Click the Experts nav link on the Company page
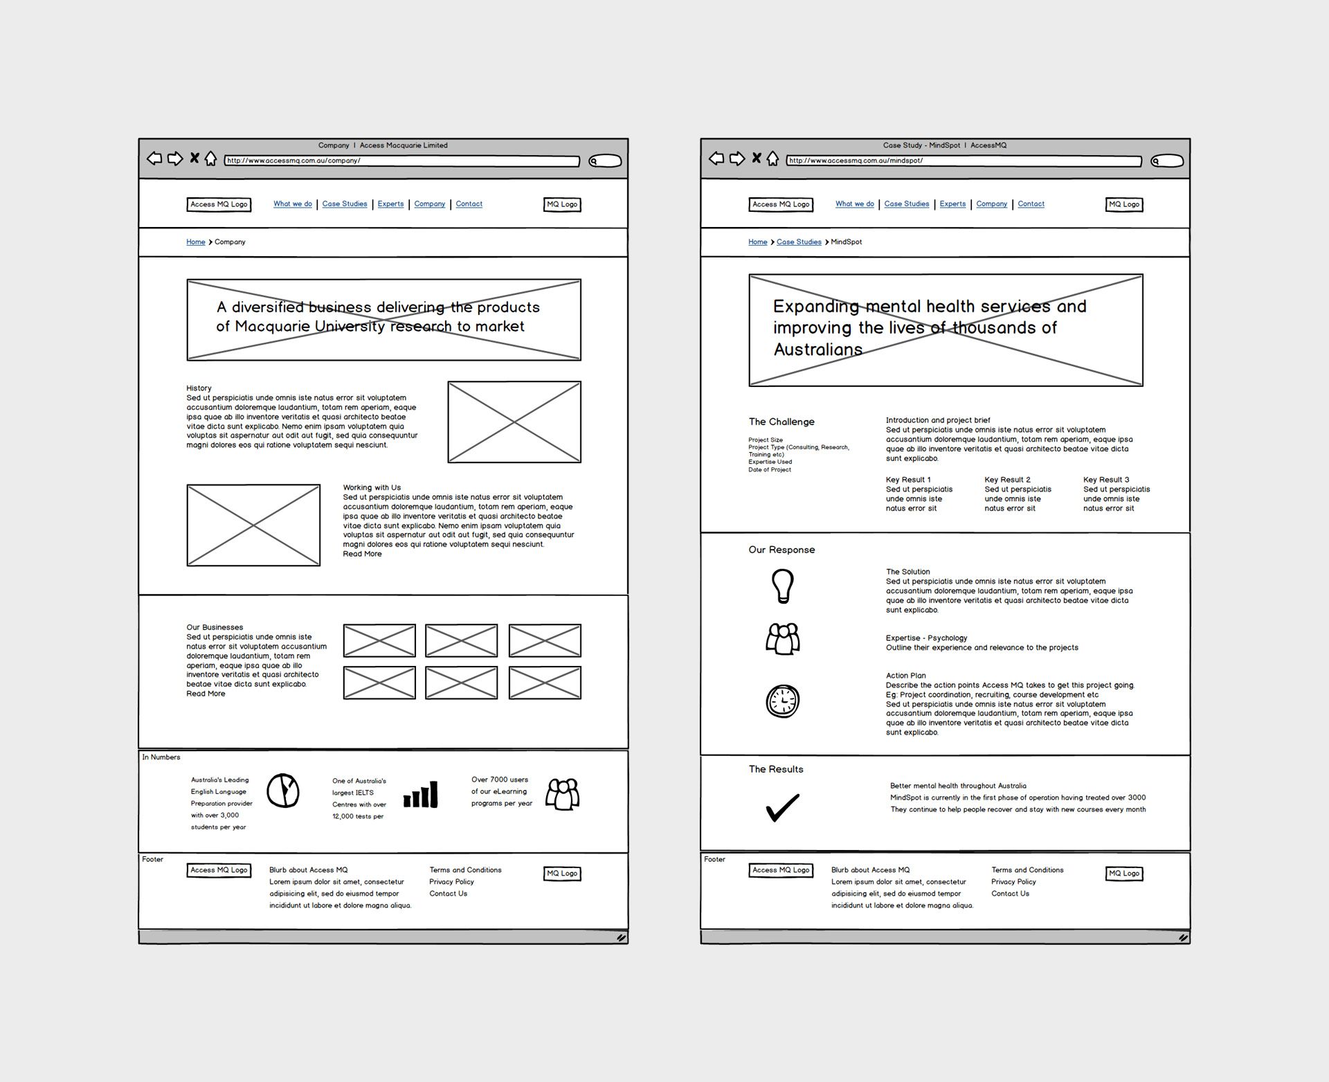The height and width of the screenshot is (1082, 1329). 390,204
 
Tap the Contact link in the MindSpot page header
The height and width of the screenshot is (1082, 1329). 1031,204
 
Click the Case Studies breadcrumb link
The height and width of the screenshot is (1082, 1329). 799,242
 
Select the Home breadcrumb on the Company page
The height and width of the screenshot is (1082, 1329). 195,242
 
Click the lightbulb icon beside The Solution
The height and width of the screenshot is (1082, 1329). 782,586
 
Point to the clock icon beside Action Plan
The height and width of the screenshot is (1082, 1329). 782,701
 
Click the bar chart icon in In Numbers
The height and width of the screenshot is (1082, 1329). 421,795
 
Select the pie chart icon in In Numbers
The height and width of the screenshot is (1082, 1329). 283,791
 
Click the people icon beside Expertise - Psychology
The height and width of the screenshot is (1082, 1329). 782,639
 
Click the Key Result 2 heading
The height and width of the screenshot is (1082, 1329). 1007,480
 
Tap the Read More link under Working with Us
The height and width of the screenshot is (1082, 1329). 362,554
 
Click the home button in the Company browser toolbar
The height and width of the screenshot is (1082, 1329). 210,159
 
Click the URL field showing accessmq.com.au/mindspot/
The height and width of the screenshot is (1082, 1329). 964,161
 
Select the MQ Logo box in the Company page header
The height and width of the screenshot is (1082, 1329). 562,204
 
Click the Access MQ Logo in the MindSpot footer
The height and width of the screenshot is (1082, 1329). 781,870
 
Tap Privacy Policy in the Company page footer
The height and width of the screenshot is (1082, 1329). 451,882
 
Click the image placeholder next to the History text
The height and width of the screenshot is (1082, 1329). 514,422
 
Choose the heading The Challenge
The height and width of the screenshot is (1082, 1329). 781,422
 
